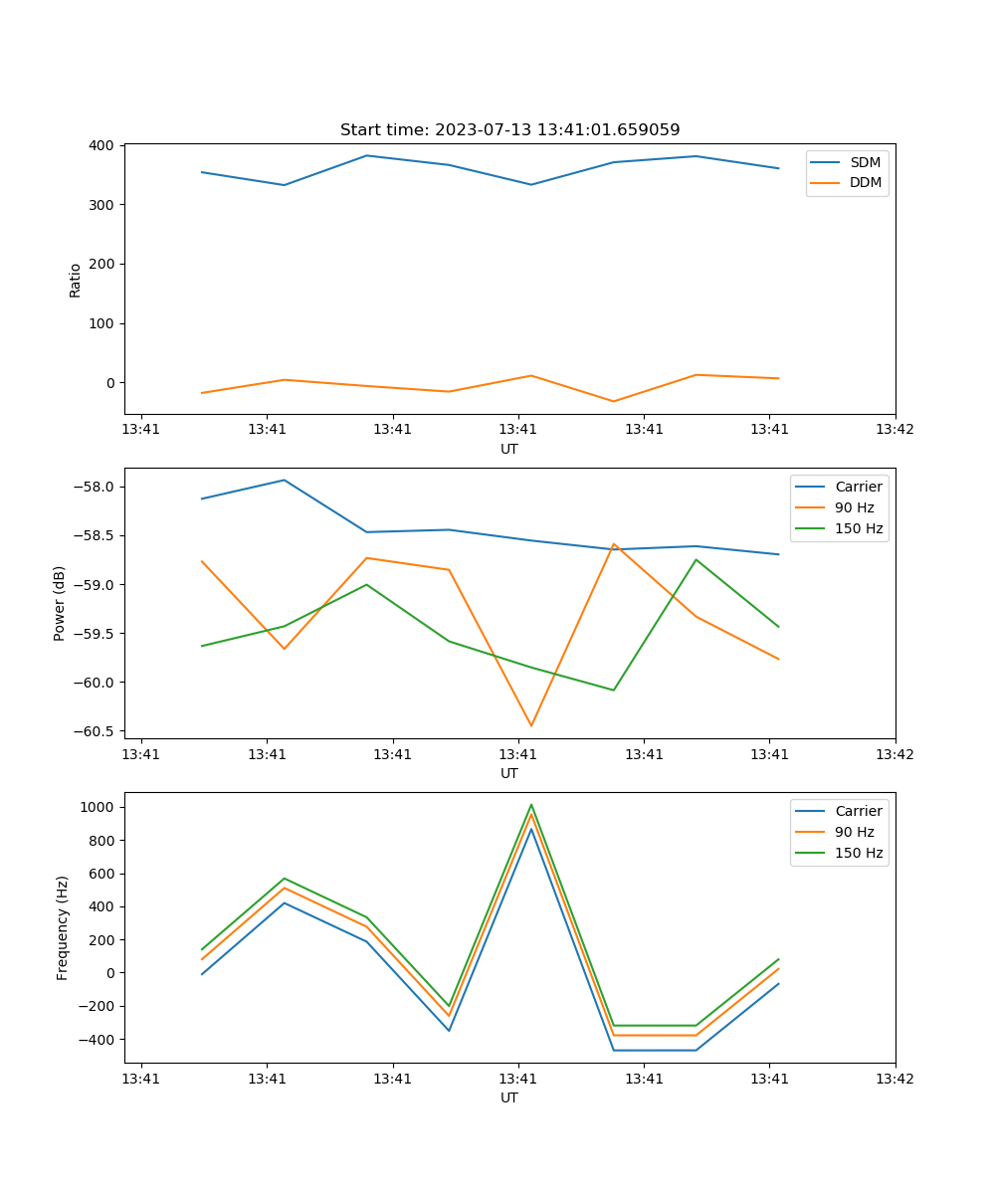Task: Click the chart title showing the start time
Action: coord(509,130)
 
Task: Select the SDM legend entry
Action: coord(865,162)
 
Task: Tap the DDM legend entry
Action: coord(866,182)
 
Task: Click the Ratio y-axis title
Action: coord(76,280)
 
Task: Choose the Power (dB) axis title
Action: coord(60,603)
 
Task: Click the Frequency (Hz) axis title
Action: coord(62,927)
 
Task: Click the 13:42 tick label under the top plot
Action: coord(895,430)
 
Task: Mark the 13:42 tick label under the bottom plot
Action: coord(895,1079)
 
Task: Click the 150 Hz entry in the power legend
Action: coord(859,528)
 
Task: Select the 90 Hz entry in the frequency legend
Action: coord(855,832)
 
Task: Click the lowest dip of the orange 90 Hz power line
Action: coord(530,725)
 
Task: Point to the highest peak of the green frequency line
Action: coord(530,805)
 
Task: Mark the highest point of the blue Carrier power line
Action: coord(284,480)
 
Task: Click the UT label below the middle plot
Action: coord(509,773)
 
